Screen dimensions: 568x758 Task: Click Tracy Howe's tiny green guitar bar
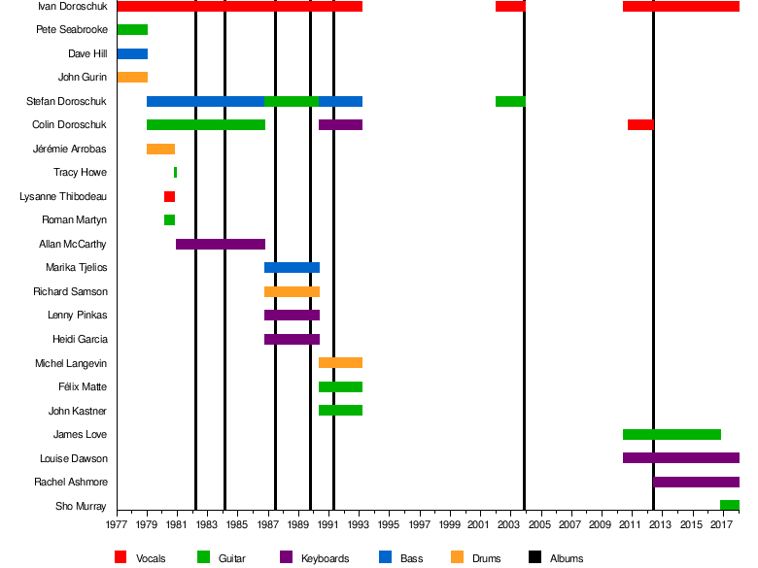pos(175,173)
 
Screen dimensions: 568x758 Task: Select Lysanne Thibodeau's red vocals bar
pos(169,196)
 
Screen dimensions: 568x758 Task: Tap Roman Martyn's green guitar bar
pos(169,220)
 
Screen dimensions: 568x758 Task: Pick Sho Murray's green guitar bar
pos(729,506)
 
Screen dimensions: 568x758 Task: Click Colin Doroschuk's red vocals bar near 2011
pos(640,125)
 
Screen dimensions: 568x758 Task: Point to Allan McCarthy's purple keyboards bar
pos(221,244)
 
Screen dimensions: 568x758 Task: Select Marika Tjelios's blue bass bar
pos(292,268)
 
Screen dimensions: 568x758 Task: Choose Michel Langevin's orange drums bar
pos(340,363)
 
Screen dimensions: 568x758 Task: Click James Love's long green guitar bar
pos(672,434)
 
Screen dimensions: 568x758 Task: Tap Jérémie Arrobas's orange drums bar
pos(160,149)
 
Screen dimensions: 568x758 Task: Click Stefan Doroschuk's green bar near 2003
pos(510,101)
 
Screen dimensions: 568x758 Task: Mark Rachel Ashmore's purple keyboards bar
pos(696,482)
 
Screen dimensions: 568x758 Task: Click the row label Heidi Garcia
pos(80,339)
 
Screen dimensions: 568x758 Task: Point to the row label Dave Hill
pos(87,53)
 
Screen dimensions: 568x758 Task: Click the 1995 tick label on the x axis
pos(390,525)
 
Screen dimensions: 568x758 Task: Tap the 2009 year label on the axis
pos(602,525)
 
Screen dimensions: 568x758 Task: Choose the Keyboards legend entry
pos(325,558)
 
